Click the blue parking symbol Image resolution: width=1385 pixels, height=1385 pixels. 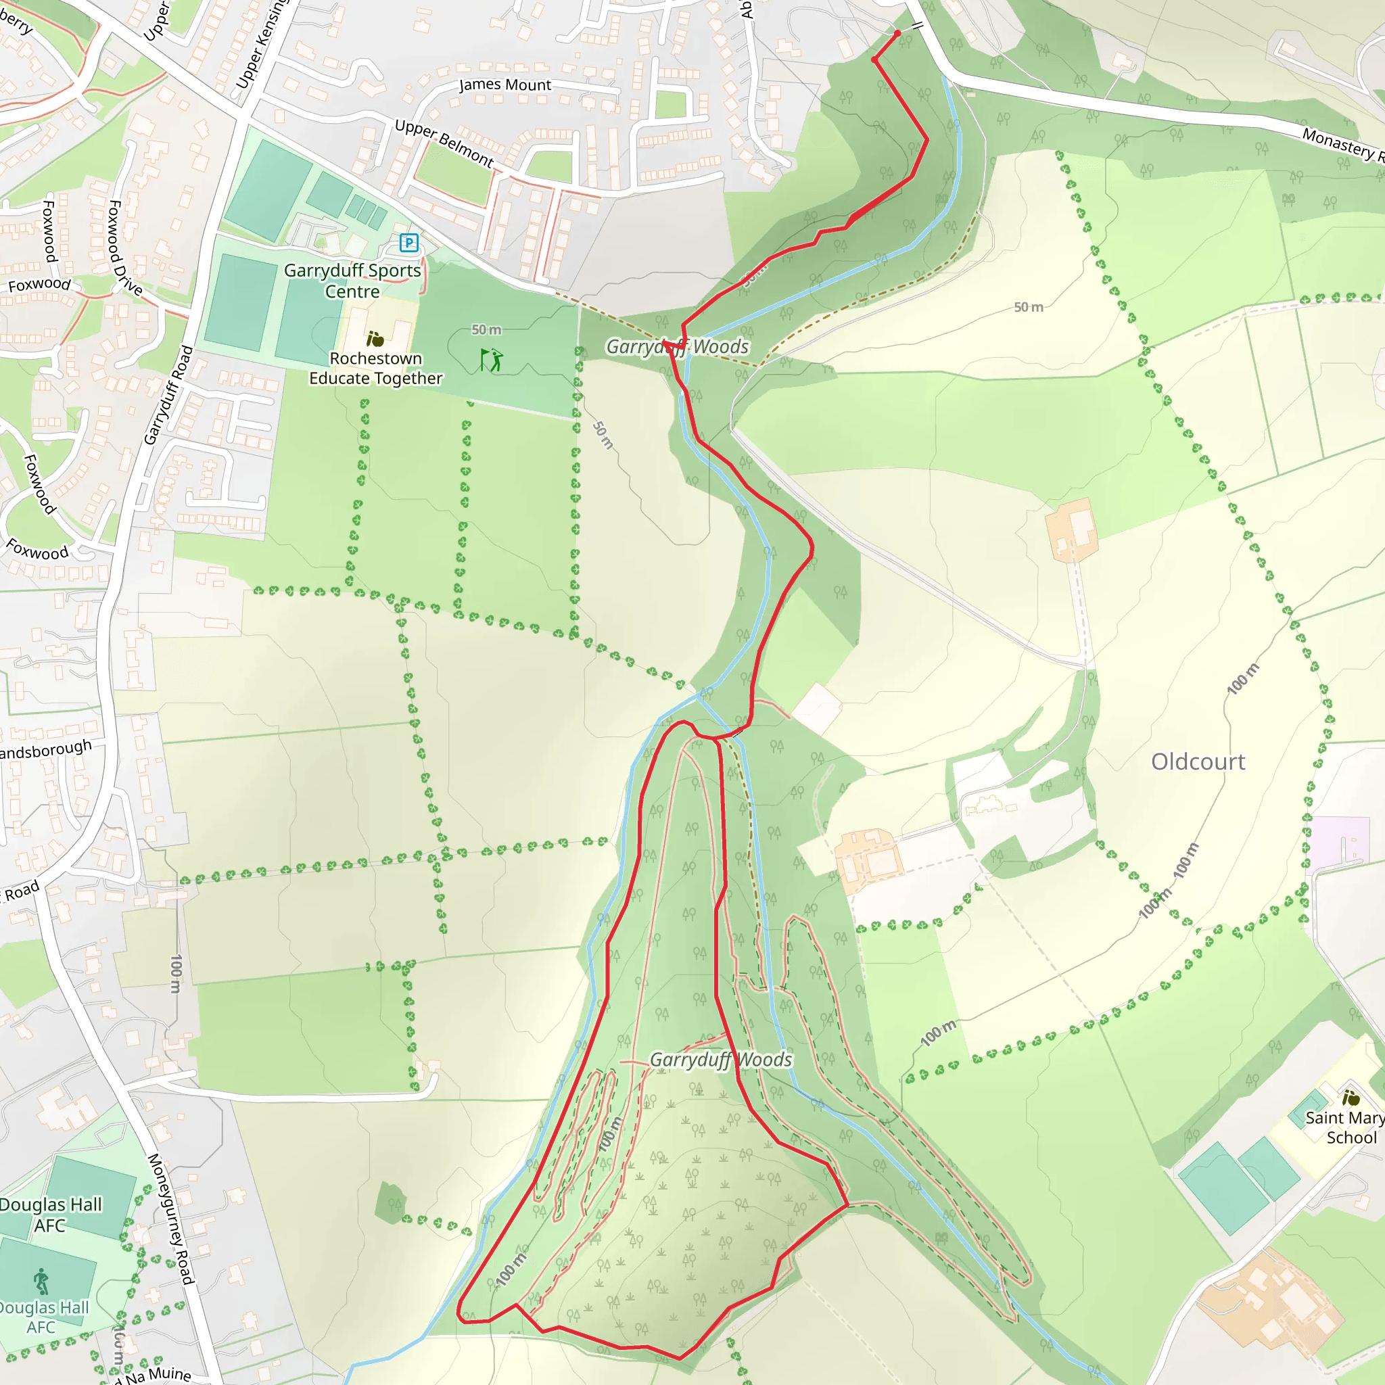pyautogui.click(x=408, y=243)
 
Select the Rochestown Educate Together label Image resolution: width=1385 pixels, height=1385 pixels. pyautogui.click(x=375, y=368)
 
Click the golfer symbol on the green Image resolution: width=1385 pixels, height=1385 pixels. pyautogui.click(x=492, y=360)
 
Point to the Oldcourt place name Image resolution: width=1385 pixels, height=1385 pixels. pyautogui.click(x=1198, y=761)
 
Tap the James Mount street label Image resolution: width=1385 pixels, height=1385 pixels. pyautogui.click(x=504, y=85)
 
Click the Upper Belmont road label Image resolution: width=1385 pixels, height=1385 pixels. pyautogui.click(x=444, y=143)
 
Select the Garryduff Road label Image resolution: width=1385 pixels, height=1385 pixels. pyautogui.click(x=168, y=395)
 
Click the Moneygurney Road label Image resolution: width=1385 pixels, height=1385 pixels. pyautogui.click(x=170, y=1219)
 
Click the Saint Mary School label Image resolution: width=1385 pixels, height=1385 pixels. pyautogui.click(x=1345, y=1127)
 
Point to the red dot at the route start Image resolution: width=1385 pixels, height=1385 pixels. pyautogui.click(x=897, y=34)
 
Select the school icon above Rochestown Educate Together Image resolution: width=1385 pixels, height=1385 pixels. pyautogui.click(x=375, y=338)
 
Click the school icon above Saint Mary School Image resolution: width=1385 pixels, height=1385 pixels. pyautogui.click(x=1351, y=1098)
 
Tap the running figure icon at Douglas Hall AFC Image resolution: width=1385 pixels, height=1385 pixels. pyautogui.click(x=41, y=1281)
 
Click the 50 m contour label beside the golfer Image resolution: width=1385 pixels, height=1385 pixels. pyautogui.click(x=486, y=330)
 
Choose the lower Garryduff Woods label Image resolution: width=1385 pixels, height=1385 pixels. pyautogui.click(x=720, y=1060)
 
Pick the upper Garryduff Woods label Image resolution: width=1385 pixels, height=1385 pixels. pyautogui.click(x=678, y=347)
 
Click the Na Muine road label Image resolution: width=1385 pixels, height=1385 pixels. pyautogui.click(x=158, y=1375)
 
